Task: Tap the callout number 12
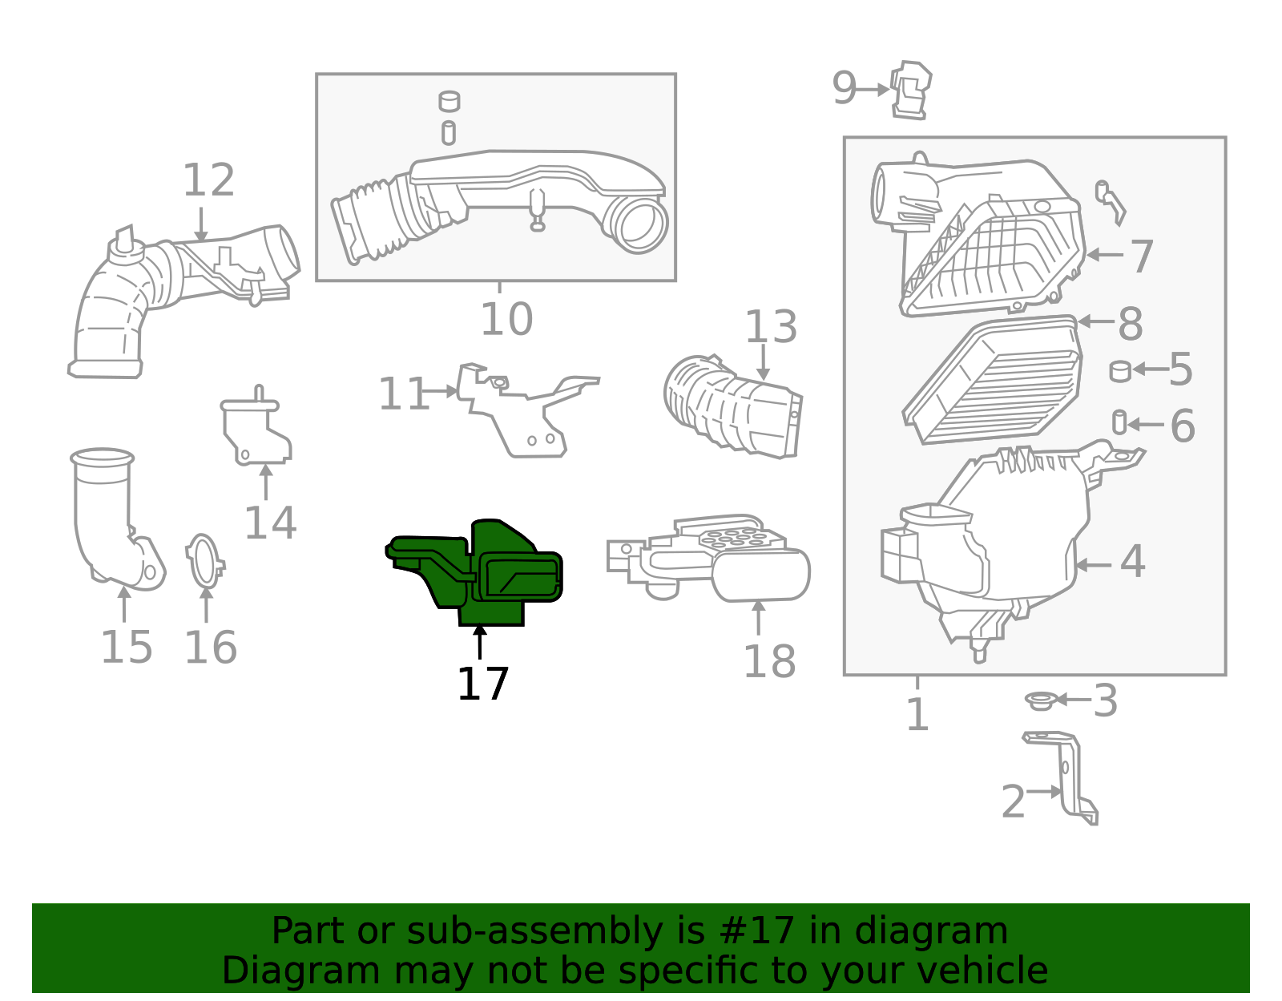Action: pos(208,180)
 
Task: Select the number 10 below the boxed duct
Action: pos(506,320)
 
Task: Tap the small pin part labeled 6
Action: pos(1119,422)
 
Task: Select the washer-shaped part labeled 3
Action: pos(1039,701)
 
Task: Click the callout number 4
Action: pos(1131,561)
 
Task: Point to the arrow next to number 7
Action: pos(1105,255)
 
